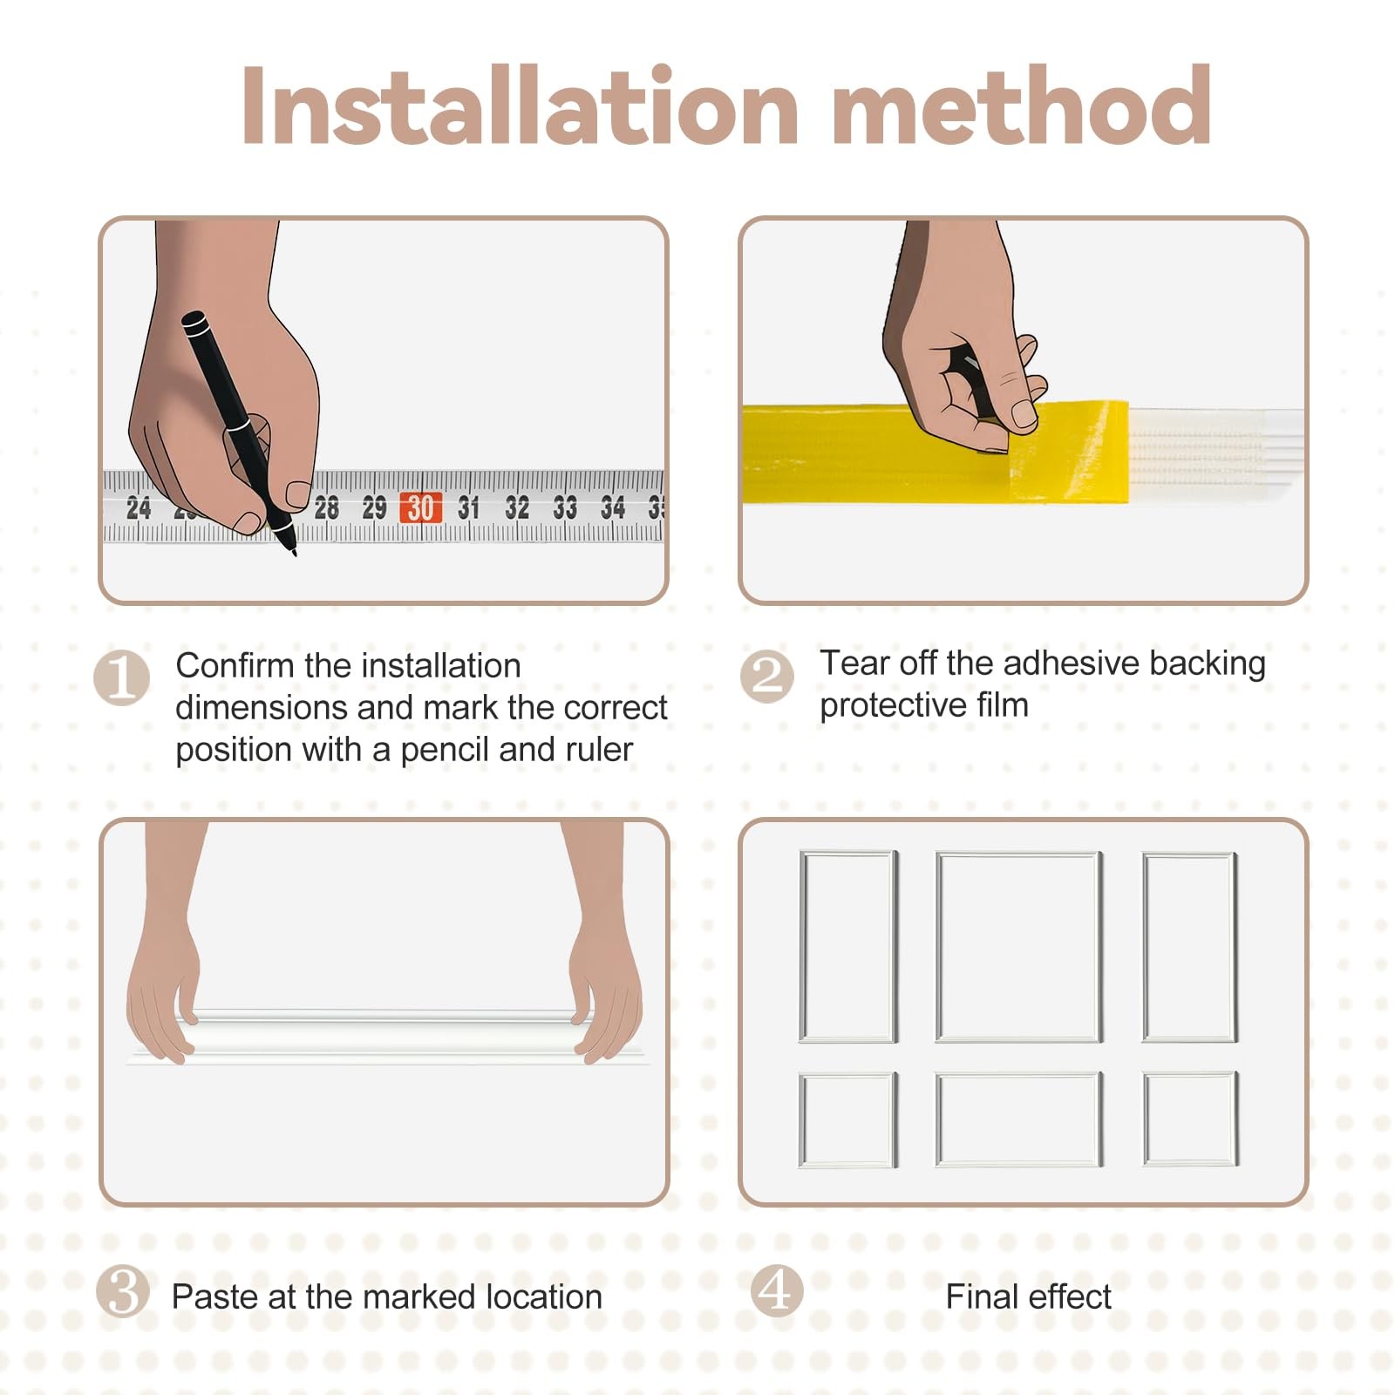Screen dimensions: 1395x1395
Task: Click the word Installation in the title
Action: [521, 105]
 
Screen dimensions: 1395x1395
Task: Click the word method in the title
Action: [1022, 105]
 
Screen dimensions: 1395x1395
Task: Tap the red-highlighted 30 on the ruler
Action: [420, 507]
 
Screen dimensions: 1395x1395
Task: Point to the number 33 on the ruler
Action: [565, 507]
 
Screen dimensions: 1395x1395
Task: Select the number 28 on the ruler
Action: [327, 507]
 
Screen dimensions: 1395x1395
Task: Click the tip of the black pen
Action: [294, 553]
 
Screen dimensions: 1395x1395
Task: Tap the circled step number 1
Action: [121, 677]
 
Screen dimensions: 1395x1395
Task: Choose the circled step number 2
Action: [767, 676]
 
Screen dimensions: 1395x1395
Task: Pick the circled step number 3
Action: [123, 1291]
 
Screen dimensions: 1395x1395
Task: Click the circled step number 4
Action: [776, 1290]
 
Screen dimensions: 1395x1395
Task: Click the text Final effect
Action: [1029, 1297]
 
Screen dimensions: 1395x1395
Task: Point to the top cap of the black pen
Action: [194, 323]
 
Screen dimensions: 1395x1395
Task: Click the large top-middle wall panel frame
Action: [1018, 947]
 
